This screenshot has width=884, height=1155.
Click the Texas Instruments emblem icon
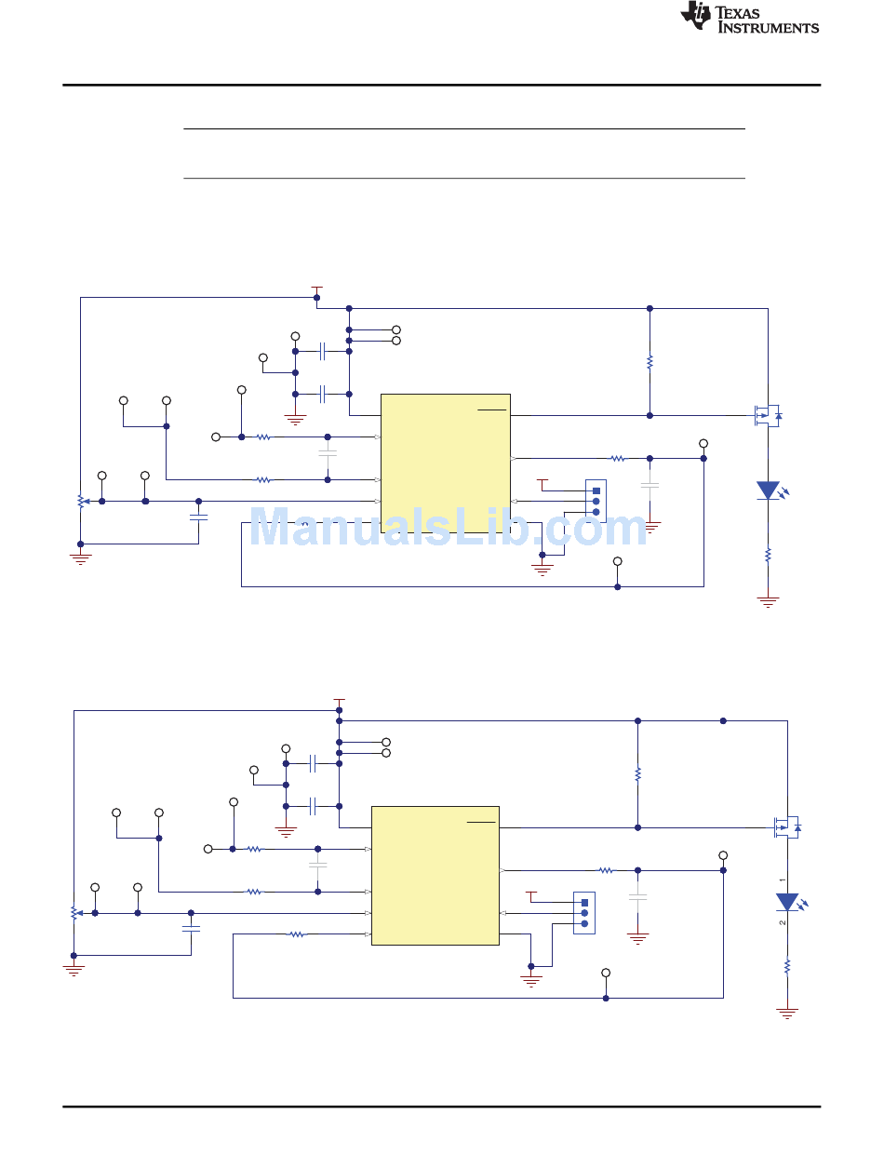695,15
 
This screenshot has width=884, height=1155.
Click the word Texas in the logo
737,13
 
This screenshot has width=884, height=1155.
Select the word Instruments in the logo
769,28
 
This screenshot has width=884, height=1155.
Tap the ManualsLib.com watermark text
448,527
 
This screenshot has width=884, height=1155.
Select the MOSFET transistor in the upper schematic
768,415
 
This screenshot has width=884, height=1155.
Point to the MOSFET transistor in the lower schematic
787,827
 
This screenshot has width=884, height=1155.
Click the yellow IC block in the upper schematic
445,463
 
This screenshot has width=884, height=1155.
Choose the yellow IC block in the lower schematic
435,876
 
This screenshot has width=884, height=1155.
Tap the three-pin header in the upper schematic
596,502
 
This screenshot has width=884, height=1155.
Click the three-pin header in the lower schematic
583,913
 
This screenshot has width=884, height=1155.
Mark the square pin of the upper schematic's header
596,490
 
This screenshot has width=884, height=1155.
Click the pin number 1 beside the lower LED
782,880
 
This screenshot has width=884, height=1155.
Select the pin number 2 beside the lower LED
782,922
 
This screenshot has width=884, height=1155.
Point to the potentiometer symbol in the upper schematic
81,501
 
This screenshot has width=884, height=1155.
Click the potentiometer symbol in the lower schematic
74,913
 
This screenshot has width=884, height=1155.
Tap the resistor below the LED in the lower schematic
787,966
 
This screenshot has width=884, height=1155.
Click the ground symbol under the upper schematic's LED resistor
768,601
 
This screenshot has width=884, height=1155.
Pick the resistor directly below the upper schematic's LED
768,555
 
